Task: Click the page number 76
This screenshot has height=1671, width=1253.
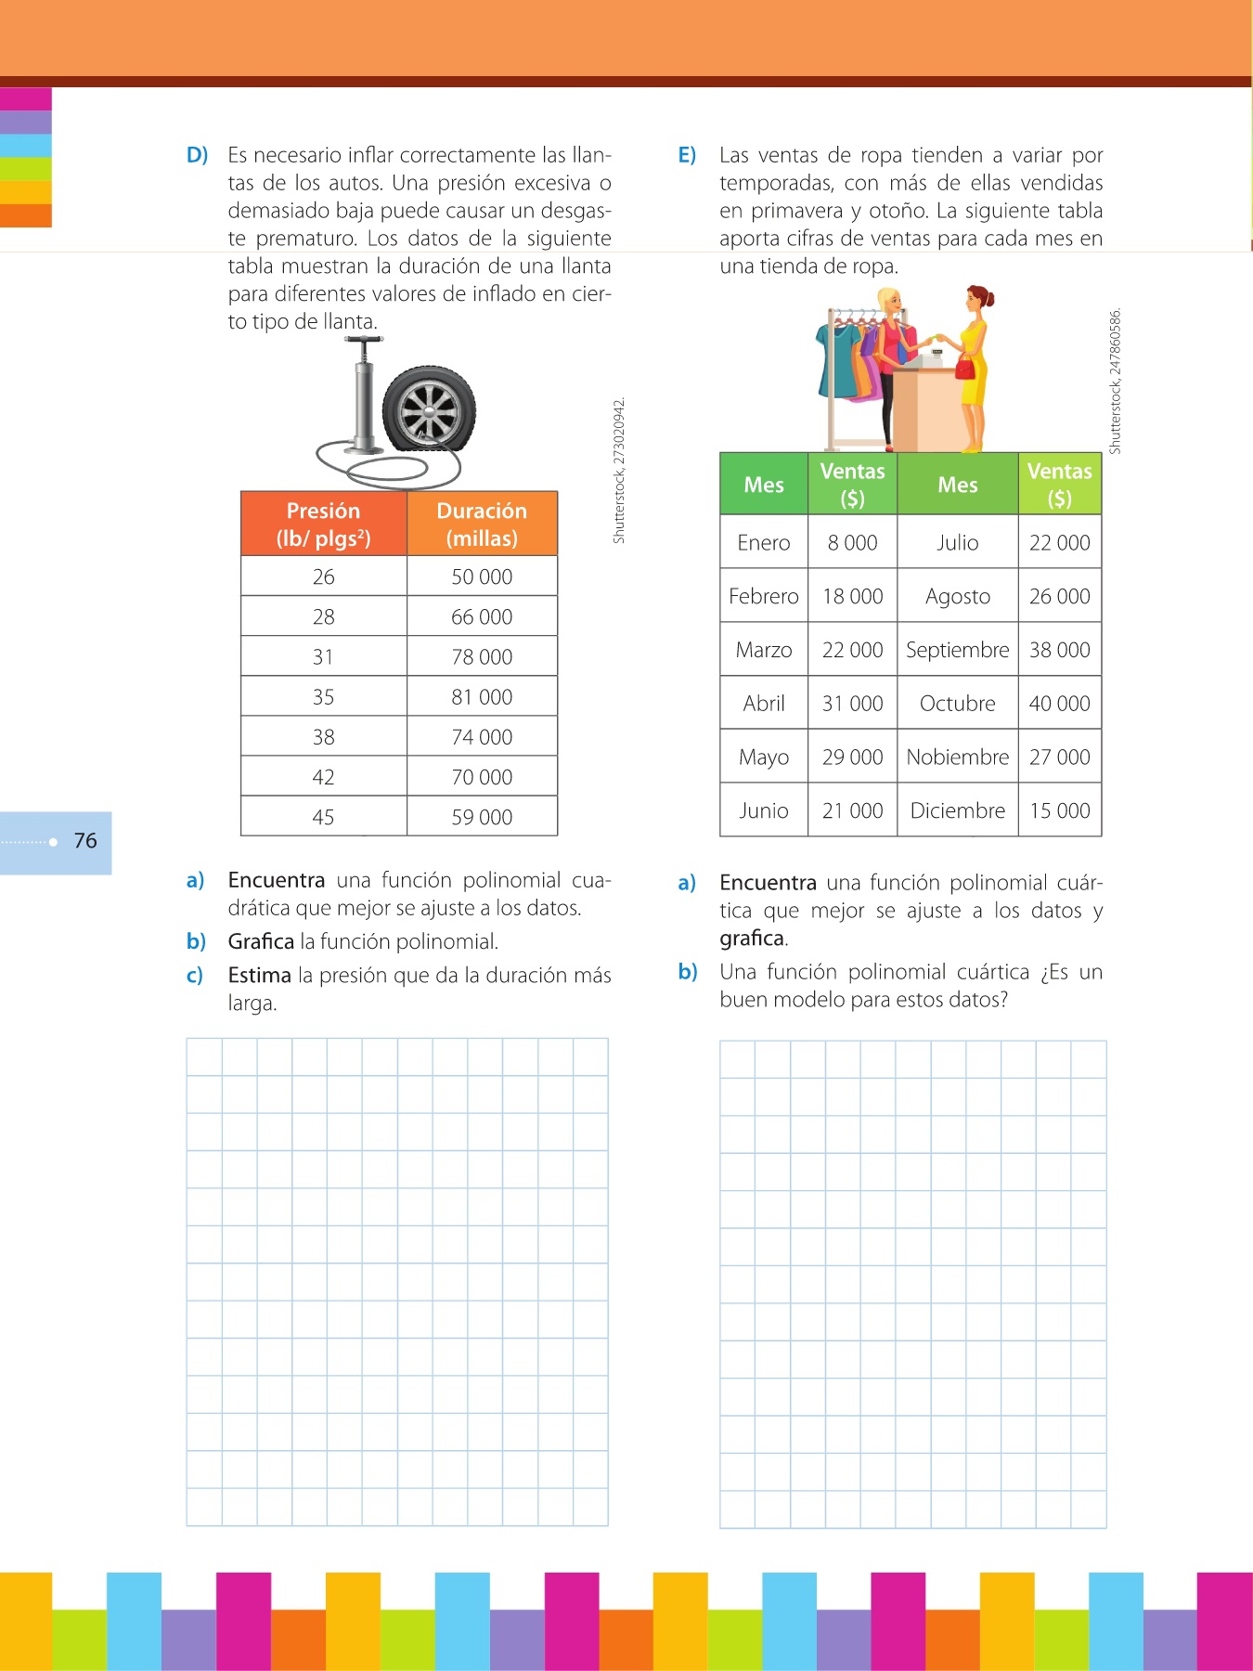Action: coord(85,841)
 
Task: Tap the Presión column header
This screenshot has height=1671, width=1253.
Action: coord(323,525)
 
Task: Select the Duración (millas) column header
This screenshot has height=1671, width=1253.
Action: coord(482,525)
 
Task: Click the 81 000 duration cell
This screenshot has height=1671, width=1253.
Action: coord(482,697)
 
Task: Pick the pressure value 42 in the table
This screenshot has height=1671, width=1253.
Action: coord(323,777)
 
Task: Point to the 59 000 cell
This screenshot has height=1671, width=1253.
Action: coord(482,817)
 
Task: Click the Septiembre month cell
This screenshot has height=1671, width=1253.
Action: coord(957,650)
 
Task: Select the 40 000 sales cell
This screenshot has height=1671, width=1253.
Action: coord(1059,704)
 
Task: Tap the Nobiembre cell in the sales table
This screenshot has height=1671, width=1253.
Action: coord(957,758)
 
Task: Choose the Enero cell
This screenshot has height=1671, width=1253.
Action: coord(764,543)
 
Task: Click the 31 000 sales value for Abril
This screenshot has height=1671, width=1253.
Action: coord(852,704)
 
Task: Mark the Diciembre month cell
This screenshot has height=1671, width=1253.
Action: coord(957,810)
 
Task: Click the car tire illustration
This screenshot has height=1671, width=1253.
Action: coord(429,409)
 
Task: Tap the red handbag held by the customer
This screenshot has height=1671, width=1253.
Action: coord(966,368)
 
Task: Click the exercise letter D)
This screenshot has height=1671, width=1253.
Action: coord(197,155)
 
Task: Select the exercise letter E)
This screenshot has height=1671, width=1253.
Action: coord(687,155)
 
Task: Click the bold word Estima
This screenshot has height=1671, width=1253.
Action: coord(260,976)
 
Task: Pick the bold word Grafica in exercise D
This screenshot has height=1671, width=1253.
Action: coord(261,941)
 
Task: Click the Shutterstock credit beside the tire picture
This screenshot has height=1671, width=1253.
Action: coord(619,471)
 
